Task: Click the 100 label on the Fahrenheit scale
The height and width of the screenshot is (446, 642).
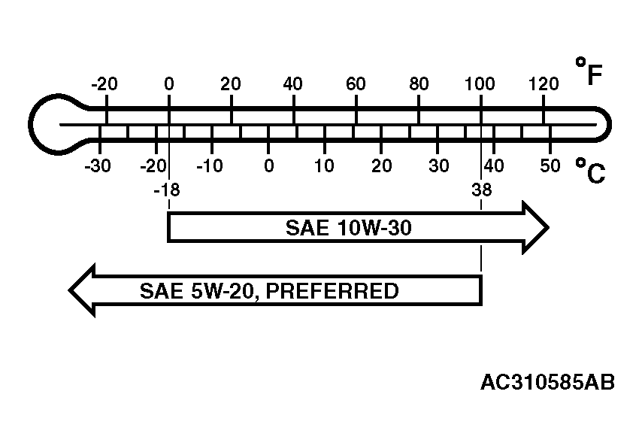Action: click(480, 84)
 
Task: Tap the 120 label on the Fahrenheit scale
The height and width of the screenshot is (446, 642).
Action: click(544, 84)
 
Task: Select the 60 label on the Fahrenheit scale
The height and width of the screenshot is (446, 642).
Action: click(356, 84)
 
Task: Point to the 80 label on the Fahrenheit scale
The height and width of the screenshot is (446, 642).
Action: click(419, 84)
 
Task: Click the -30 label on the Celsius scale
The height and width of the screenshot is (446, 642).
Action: click(98, 166)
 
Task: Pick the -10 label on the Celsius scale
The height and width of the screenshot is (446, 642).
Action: click(210, 166)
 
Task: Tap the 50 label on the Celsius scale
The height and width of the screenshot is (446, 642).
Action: click(550, 166)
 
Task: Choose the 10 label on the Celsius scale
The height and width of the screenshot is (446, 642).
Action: click(324, 166)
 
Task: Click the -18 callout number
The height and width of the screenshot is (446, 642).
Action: click(167, 190)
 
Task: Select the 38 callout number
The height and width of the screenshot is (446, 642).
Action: click(481, 190)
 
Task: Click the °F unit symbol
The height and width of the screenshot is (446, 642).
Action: click(589, 71)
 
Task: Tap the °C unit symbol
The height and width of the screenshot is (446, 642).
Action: click(590, 171)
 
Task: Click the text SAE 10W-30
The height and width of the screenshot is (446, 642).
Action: click(348, 228)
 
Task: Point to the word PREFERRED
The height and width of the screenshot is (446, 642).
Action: click(332, 291)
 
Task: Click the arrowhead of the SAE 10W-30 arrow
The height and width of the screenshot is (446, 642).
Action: click(535, 228)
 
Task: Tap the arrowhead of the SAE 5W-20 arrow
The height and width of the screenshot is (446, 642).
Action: click(82, 290)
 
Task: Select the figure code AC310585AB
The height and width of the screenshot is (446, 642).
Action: click(547, 383)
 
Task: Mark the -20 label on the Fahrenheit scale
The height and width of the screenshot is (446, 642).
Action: click(104, 84)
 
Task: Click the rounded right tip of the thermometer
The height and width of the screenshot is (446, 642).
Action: click(609, 125)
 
